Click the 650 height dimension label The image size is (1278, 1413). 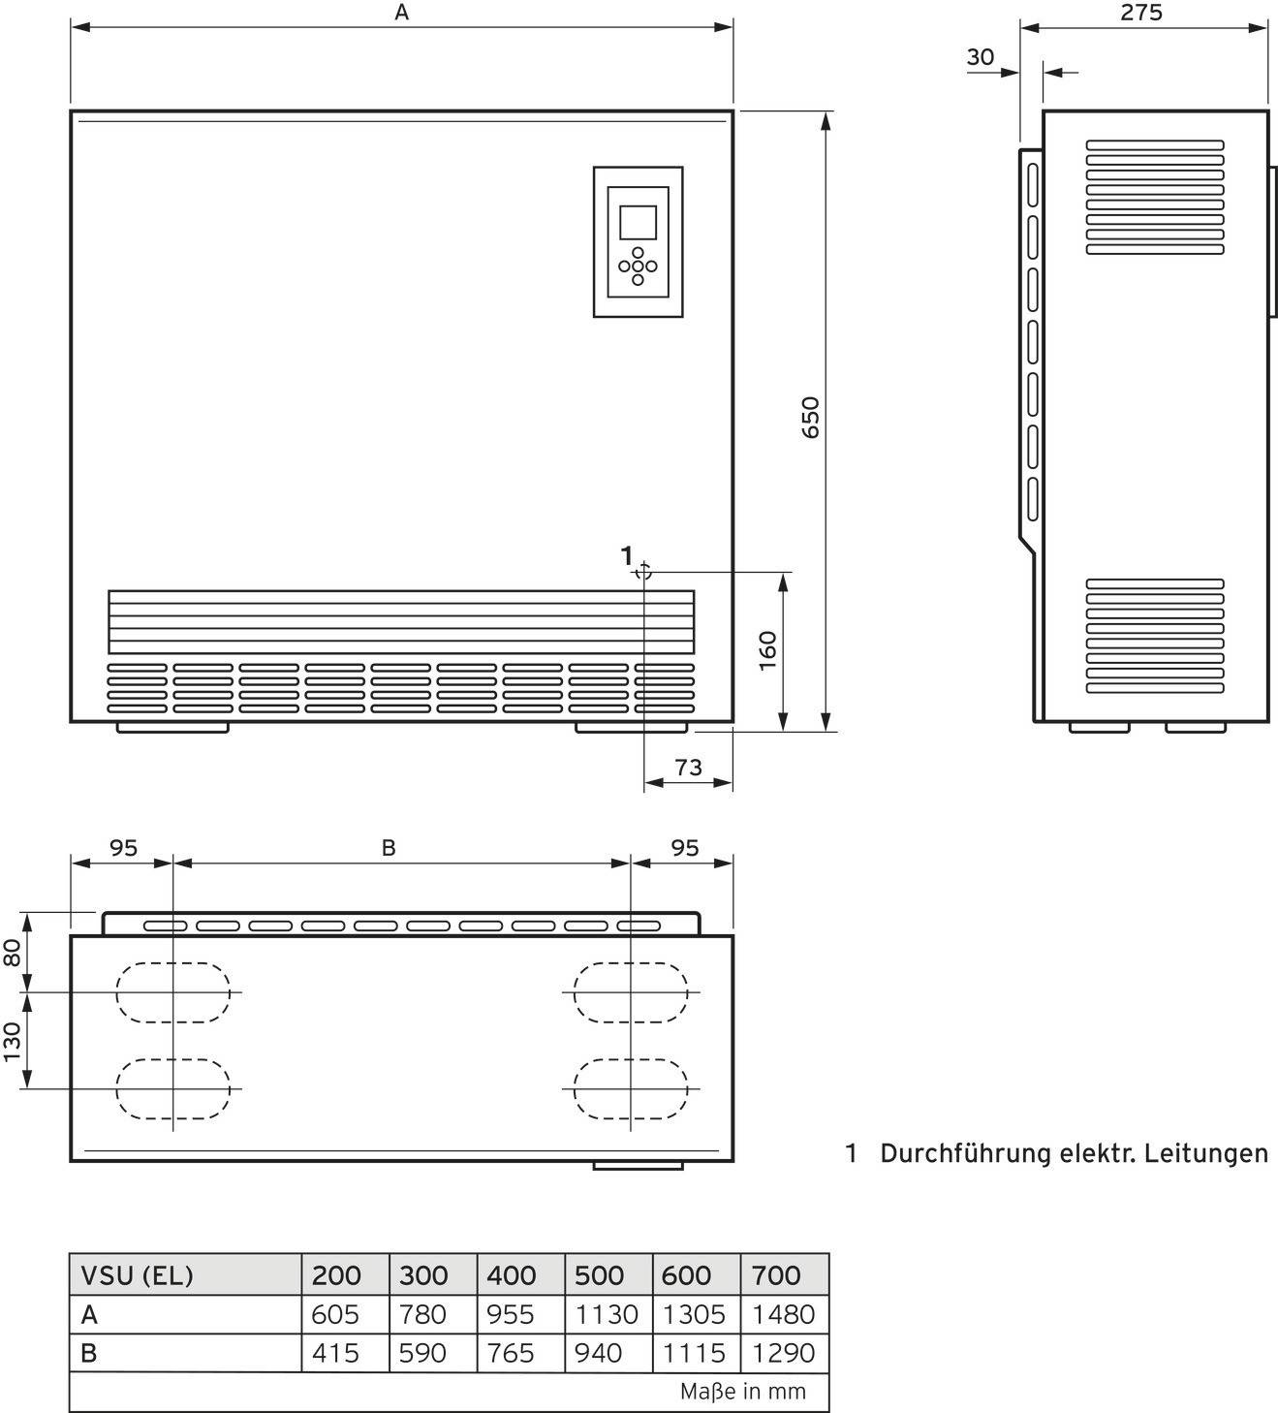811,417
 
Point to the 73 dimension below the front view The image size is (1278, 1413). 688,768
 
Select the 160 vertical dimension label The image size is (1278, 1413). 767,650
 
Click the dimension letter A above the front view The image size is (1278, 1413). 402,13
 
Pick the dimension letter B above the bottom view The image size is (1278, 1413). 389,848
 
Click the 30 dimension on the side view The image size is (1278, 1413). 981,57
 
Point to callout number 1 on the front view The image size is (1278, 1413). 627,555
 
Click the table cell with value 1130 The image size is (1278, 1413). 607,1314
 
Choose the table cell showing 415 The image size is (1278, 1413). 335,1353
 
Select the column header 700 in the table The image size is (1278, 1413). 777,1275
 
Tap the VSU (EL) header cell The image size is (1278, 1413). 137,1275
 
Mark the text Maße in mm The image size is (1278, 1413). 742,1392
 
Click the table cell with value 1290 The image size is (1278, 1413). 784,1353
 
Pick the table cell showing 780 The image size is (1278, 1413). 423,1314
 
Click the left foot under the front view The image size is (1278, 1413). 172,727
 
